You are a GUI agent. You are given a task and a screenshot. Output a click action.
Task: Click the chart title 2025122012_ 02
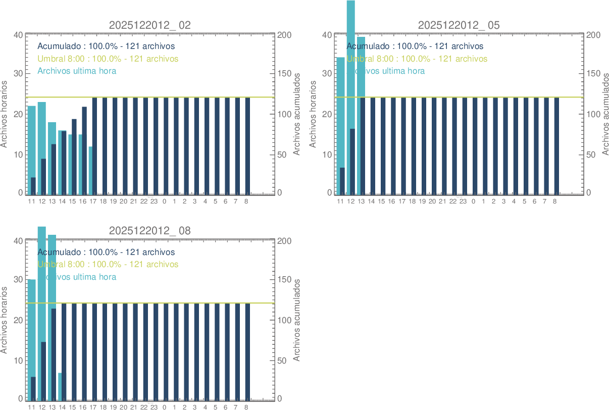point(150,25)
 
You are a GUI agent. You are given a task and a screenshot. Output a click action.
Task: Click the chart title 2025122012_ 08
point(150,231)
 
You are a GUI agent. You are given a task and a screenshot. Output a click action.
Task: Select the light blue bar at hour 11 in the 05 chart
point(339,111)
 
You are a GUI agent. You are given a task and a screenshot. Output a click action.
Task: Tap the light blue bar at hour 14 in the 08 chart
point(60,386)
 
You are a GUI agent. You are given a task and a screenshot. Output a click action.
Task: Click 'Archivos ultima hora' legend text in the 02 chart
point(77,71)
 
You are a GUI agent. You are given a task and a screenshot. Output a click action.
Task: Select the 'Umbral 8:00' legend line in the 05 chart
point(417,59)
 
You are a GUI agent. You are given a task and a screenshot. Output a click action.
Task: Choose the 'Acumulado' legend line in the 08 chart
point(106,252)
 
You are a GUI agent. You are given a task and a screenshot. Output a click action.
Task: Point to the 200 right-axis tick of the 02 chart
point(284,35)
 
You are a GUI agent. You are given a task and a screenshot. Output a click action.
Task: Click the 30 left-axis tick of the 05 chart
point(327,73)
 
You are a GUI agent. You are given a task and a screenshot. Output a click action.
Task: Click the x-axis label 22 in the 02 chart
point(144,201)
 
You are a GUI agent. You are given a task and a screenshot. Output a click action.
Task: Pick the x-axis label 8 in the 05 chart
point(554,201)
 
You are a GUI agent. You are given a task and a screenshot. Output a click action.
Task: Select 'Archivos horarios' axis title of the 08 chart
point(4,320)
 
